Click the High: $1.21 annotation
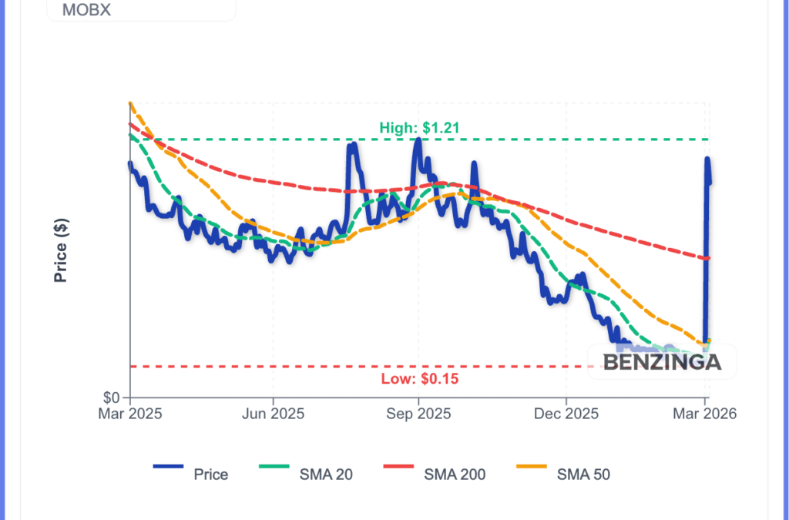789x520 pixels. point(419,128)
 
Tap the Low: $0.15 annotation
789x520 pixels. point(420,379)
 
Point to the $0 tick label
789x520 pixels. point(112,398)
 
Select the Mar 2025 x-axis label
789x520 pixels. point(129,414)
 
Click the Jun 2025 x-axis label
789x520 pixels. point(273,414)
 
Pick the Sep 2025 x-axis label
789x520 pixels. point(418,414)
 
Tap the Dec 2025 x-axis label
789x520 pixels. point(565,414)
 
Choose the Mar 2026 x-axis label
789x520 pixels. point(705,414)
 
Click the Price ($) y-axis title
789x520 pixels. point(61,250)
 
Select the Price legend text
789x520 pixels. point(210,475)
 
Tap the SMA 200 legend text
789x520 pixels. point(455,475)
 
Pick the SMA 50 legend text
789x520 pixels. point(583,475)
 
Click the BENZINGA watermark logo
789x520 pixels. point(662,362)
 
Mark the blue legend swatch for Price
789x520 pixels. point(168,466)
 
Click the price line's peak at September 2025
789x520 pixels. point(418,140)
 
